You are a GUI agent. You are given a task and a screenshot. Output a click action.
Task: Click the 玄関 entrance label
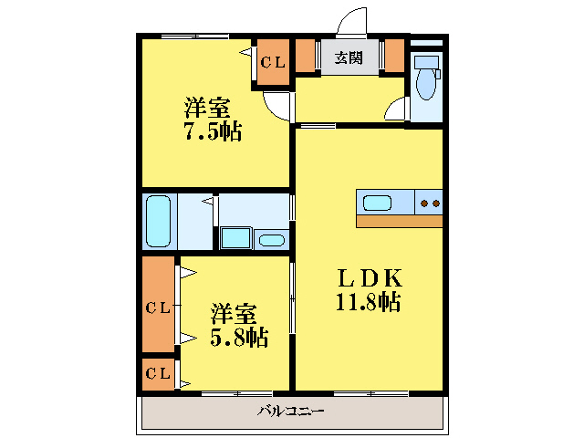click(x=348, y=57)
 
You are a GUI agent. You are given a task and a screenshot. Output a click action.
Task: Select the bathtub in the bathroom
click(x=159, y=223)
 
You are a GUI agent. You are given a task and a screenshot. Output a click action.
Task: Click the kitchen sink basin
click(x=378, y=202)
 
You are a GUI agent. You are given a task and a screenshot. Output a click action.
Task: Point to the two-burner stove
click(x=429, y=202)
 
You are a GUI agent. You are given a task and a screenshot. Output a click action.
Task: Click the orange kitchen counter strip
click(x=399, y=221)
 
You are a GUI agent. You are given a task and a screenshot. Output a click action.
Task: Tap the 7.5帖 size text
click(x=213, y=131)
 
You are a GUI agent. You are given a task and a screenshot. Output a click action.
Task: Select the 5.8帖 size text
click(x=239, y=339)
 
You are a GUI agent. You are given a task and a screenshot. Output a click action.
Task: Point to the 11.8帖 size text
click(x=367, y=302)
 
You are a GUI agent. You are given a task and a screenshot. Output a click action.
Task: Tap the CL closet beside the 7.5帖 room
click(x=273, y=63)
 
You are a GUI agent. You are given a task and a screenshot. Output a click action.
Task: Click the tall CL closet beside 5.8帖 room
click(x=159, y=308)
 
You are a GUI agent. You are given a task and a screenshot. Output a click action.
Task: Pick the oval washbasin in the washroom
click(x=272, y=241)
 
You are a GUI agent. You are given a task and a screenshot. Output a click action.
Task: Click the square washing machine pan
click(x=235, y=239)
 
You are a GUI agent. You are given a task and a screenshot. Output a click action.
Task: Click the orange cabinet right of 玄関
click(x=394, y=56)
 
